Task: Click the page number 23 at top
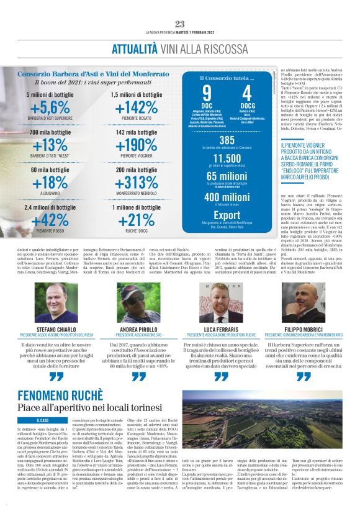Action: pyautogui.click(x=180, y=24)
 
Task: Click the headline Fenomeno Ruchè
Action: pyautogui.click(x=60, y=396)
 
